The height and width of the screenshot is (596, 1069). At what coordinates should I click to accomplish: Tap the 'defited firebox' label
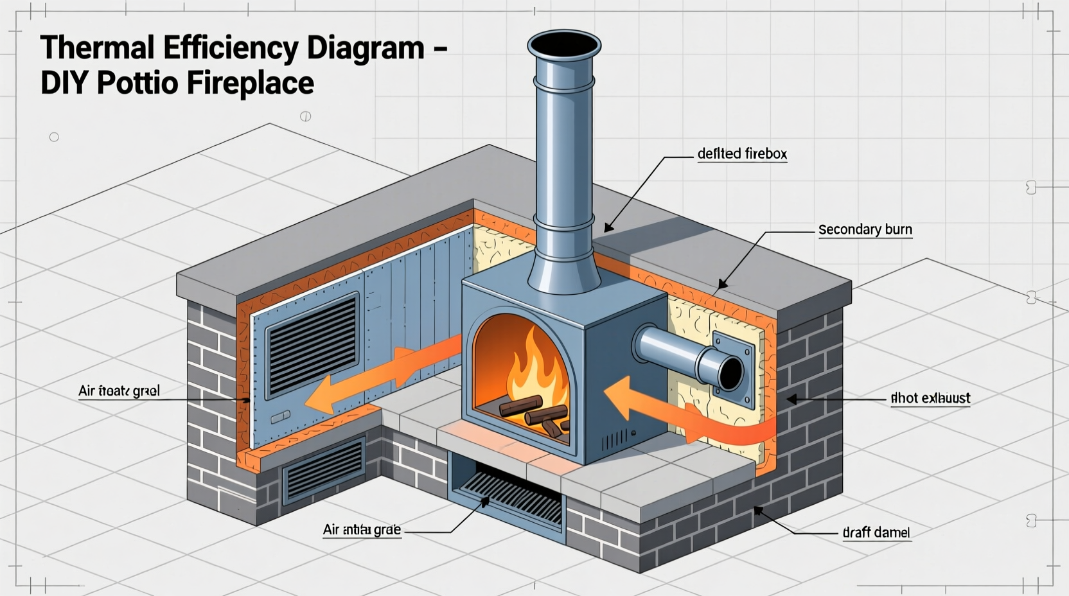click(x=742, y=154)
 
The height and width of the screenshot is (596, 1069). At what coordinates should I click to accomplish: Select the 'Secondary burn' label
click(x=865, y=230)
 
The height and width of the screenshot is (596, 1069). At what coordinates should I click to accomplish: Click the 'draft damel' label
click(x=876, y=532)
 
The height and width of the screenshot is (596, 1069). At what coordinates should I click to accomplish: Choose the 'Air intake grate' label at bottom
click(x=362, y=530)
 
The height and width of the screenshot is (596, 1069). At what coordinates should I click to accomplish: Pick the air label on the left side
click(x=119, y=390)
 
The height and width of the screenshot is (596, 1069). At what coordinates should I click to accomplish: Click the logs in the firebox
click(x=533, y=414)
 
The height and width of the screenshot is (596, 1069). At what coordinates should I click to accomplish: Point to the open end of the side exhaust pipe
click(x=730, y=372)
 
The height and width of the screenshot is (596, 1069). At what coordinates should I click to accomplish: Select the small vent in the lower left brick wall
click(x=324, y=469)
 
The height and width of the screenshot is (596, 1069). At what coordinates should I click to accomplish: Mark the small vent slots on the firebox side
click(x=614, y=440)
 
